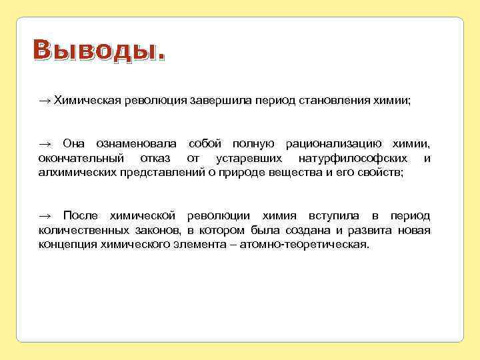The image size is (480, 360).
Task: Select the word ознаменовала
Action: click(136, 144)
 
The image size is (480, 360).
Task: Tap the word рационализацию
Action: click(333, 144)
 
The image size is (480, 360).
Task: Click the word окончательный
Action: click(79, 158)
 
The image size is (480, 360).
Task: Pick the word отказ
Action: click(157, 158)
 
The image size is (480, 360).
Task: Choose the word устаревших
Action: click(247, 158)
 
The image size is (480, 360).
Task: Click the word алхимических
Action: click(77, 172)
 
